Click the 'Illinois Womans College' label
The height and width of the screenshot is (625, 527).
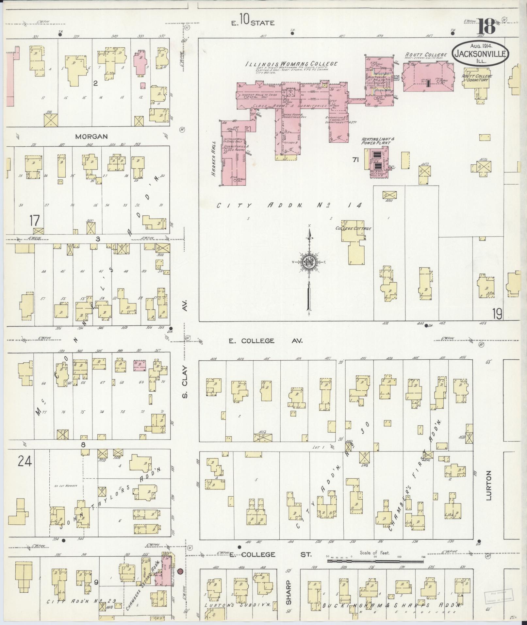tap(291, 64)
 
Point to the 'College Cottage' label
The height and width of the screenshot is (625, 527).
tap(354, 228)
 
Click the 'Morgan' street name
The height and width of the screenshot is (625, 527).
tap(91, 137)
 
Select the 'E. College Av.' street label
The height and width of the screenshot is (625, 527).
tap(266, 341)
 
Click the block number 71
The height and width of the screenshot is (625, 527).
tap(355, 160)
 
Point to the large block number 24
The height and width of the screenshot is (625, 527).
tap(25, 462)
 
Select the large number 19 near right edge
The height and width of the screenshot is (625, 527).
tap(498, 314)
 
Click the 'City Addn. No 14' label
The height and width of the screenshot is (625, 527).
tap(289, 206)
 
